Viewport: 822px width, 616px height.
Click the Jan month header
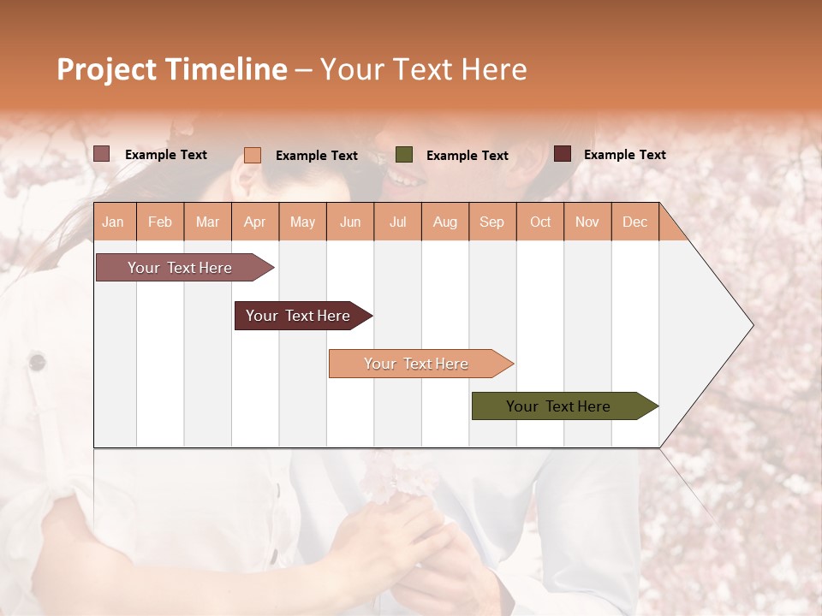pos(113,222)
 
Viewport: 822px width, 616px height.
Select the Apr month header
pos(254,222)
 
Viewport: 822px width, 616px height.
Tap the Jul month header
pos(397,222)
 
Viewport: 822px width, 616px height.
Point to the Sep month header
pos(491,222)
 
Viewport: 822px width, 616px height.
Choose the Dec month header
pos(634,222)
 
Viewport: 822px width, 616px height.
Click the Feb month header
pos(160,222)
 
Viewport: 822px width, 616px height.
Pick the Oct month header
pos(540,222)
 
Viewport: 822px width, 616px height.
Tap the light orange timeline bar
pos(417,364)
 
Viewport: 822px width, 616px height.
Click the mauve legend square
pos(102,154)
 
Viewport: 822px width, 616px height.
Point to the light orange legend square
pos(253,155)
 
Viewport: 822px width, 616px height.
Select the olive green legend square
pos(404,155)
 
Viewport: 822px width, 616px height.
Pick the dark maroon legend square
pos(563,154)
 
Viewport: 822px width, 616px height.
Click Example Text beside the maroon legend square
pos(624,155)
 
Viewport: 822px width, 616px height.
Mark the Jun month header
pos(350,222)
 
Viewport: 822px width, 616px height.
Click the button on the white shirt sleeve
pos(37,362)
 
